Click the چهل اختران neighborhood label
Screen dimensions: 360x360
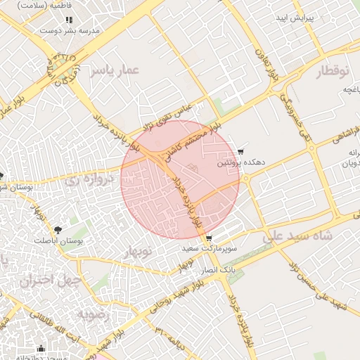48,281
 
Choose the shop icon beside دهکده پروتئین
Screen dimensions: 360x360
240,151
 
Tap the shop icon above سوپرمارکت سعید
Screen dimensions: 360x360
209,238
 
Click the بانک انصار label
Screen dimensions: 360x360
218,270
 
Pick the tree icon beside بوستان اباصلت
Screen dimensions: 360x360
58,229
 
